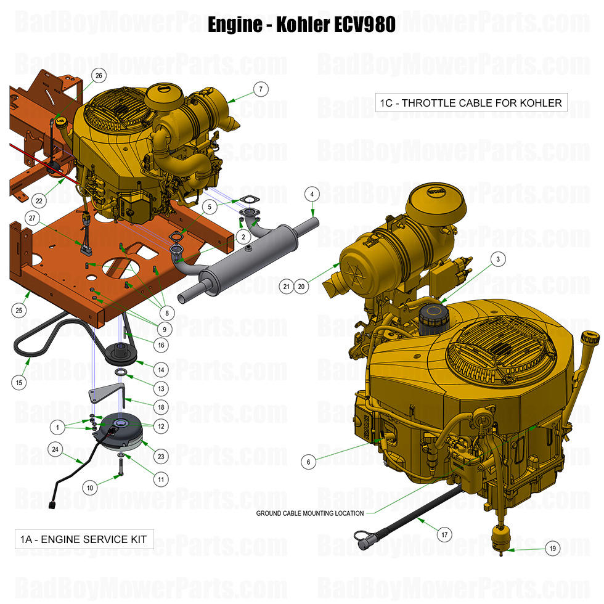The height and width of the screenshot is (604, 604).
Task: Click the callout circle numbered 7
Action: [x=261, y=89]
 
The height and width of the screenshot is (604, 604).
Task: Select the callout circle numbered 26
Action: [x=98, y=75]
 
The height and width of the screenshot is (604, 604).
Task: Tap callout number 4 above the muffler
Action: [x=312, y=195]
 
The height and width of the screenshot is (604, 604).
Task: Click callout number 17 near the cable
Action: [x=444, y=535]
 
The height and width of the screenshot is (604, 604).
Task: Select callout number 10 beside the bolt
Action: [x=90, y=488]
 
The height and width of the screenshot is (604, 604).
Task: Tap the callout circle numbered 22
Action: [x=39, y=201]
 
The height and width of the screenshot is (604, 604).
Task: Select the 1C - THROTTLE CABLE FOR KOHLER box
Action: [x=471, y=102]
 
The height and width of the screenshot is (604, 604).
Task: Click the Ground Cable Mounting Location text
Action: [x=310, y=513]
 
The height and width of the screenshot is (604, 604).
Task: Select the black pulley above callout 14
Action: [x=126, y=353]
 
